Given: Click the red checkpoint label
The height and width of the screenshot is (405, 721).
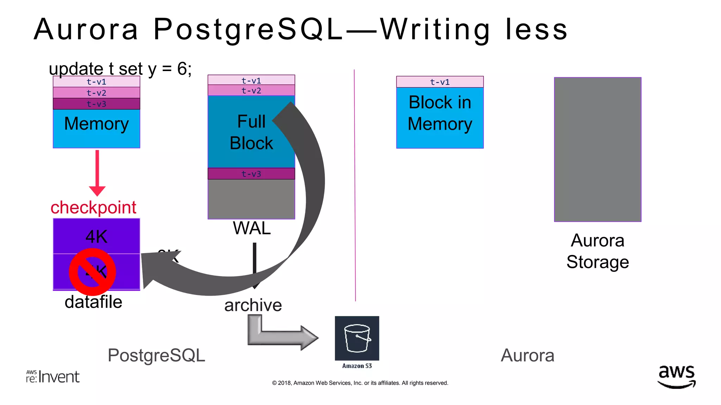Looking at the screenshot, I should [x=93, y=207].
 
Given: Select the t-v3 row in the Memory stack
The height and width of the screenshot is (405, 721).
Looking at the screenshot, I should [x=96, y=104].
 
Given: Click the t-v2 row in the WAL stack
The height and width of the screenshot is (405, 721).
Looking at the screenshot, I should [x=251, y=91].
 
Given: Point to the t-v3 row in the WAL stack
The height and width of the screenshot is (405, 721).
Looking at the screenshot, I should [x=251, y=174].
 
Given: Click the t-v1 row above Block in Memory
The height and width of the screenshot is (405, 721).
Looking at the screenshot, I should [x=440, y=82].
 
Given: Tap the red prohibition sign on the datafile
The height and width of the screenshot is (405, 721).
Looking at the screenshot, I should [x=92, y=272].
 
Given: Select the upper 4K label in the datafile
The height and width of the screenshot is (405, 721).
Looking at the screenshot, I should [x=96, y=237].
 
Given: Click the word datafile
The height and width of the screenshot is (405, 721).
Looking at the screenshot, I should [x=93, y=302].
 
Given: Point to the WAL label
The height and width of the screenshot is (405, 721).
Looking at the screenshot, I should [x=251, y=229].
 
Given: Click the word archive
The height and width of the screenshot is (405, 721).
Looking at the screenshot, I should [x=253, y=305].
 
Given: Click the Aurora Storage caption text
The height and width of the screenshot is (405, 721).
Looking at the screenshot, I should [x=597, y=251].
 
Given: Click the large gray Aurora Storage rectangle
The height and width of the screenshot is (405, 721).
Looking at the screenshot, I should [x=597, y=149].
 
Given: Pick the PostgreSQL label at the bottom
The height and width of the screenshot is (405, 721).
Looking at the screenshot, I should [x=156, y=355].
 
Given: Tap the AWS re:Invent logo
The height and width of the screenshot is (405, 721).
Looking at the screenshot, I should [x=53, y=377].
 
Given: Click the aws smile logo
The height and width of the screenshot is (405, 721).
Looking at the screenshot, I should [x=676, y=377].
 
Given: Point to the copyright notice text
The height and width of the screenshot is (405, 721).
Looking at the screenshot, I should [x=360, y=383].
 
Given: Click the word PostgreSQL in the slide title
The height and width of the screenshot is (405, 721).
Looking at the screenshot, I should [x=248, y=29].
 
